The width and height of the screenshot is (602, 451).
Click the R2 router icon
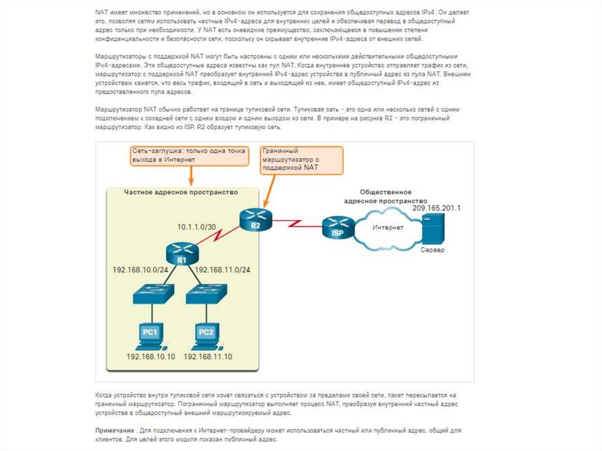tap(256, 219)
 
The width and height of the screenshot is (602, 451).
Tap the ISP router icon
tap(338, 227)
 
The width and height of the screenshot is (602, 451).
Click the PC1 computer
tap(150, 336)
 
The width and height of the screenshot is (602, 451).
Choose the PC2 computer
tap(205, 336)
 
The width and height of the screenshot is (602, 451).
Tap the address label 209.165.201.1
tap(436, 208)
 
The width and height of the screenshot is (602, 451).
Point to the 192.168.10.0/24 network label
tap(141, 270)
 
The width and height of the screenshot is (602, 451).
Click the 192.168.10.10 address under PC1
tap(151, 357)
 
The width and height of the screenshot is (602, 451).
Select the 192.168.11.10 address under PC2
tap(208, 357)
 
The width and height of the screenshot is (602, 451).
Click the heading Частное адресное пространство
tap(180, 192)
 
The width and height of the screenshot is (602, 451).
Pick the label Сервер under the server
tap(432, 250)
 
